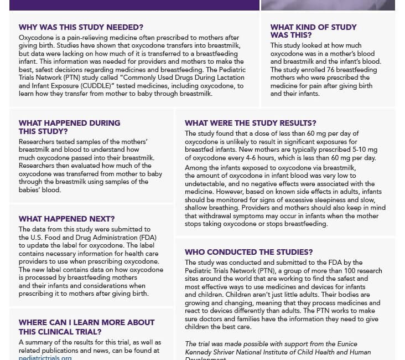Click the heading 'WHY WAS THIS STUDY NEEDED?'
point(81,27)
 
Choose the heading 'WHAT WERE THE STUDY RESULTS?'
point(251,123)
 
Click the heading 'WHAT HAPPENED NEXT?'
point(67,219)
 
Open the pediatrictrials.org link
point(45,357)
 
